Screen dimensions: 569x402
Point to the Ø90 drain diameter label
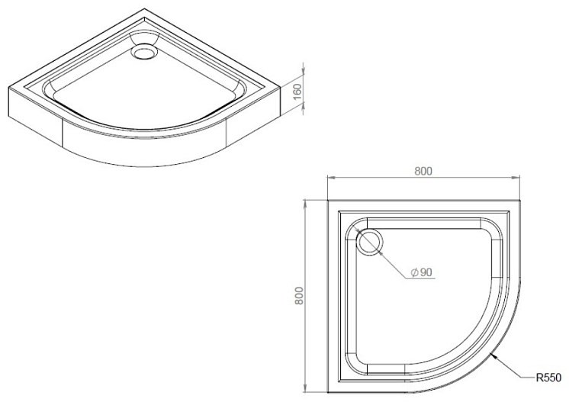tap(421, 272)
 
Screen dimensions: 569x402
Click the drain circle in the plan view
tap(370, 243)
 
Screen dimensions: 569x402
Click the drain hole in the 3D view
tap(145, 52)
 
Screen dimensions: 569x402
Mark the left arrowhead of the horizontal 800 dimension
tap(331, 178)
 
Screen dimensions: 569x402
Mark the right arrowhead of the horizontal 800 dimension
tap(516, 178)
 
